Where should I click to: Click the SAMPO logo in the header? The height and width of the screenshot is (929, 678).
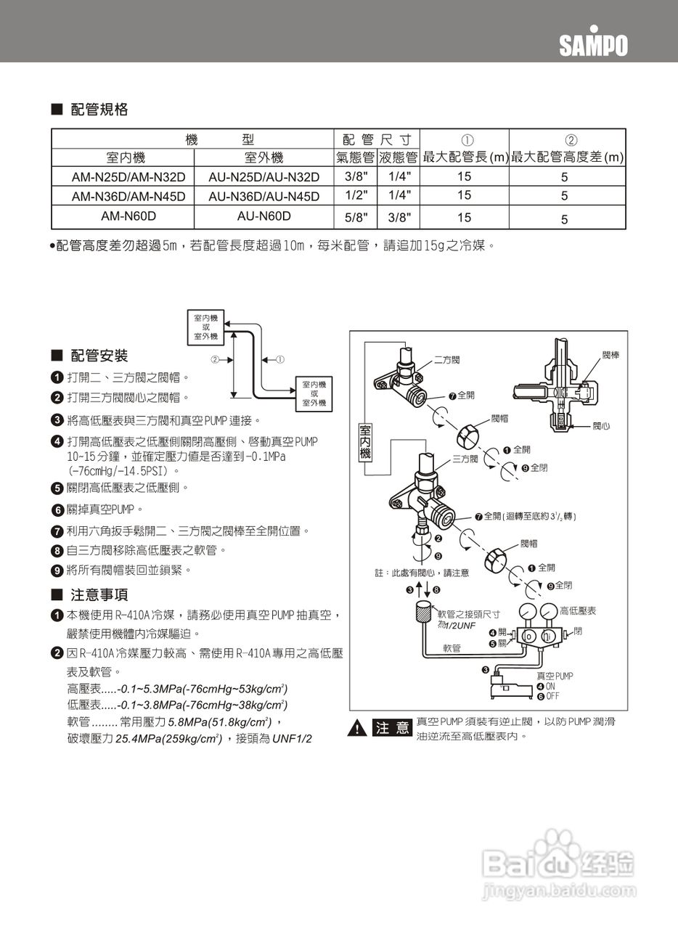point(593,46)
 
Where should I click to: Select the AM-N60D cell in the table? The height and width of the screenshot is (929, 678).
point(128,216)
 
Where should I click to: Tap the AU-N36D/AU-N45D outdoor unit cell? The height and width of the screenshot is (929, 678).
point(264,197)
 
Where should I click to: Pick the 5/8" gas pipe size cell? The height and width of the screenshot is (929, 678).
point(355,217)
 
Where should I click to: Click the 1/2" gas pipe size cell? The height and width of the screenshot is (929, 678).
point(355,195)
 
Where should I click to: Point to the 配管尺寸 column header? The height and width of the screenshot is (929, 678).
point(377,139)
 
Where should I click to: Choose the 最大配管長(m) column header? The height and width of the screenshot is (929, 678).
point(465,157)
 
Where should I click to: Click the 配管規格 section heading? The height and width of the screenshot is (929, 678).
point(99,110)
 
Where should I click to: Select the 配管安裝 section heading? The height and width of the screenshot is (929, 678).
point(99,356)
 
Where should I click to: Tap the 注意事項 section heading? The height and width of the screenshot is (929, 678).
point(99,595)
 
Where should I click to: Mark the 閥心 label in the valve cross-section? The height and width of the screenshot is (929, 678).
point(602,426)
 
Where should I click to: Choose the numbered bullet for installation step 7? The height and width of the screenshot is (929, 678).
point(57,531)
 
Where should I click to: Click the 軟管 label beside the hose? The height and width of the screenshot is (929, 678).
point(452,648)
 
